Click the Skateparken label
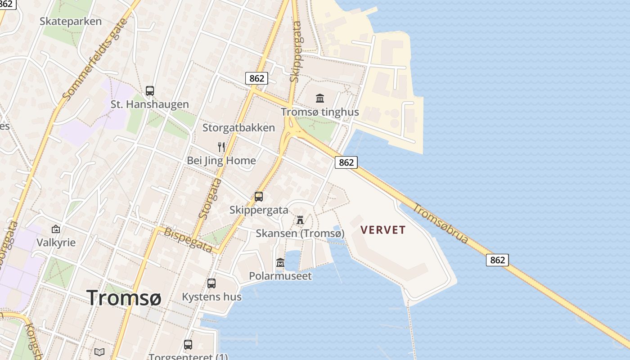pyautogui.click(x=71, y=22)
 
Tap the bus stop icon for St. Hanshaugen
pyautogui.click(x=150, y=91)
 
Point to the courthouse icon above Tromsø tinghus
pyautogui.click(x=320, y=98)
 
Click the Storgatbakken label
pyautogui.click(x=238, y=128)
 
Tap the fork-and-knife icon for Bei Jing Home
pyautogui.click(x=221, y=147)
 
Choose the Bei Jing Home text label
pyautogui.click(x=221, y=161)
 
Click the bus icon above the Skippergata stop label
pyautogui.click(x=259, y=197)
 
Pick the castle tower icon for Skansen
pyautogui.click(x=300, y=220)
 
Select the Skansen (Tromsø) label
pyautogui.click(x=300, y=234)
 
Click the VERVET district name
pyautogui.click(x=383, y=230)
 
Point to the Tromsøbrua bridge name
pyautogui.click(x=441, y=224)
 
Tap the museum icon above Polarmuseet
pyautogui.click(x=280, y=262)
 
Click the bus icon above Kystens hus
pyautogui.click(x=211, y=283)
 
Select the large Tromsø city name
pyautogui.click(x=124, y=297)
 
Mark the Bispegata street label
pyautogui.click(x=188, y=240)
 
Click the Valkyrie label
pyautogui.click(x=56, y=243)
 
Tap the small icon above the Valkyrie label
pyautogui.click(x=56, y=229)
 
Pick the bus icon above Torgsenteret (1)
pyautogui.click(x=188, y=345)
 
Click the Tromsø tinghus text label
pyautogui.click(x=320, y=112)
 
